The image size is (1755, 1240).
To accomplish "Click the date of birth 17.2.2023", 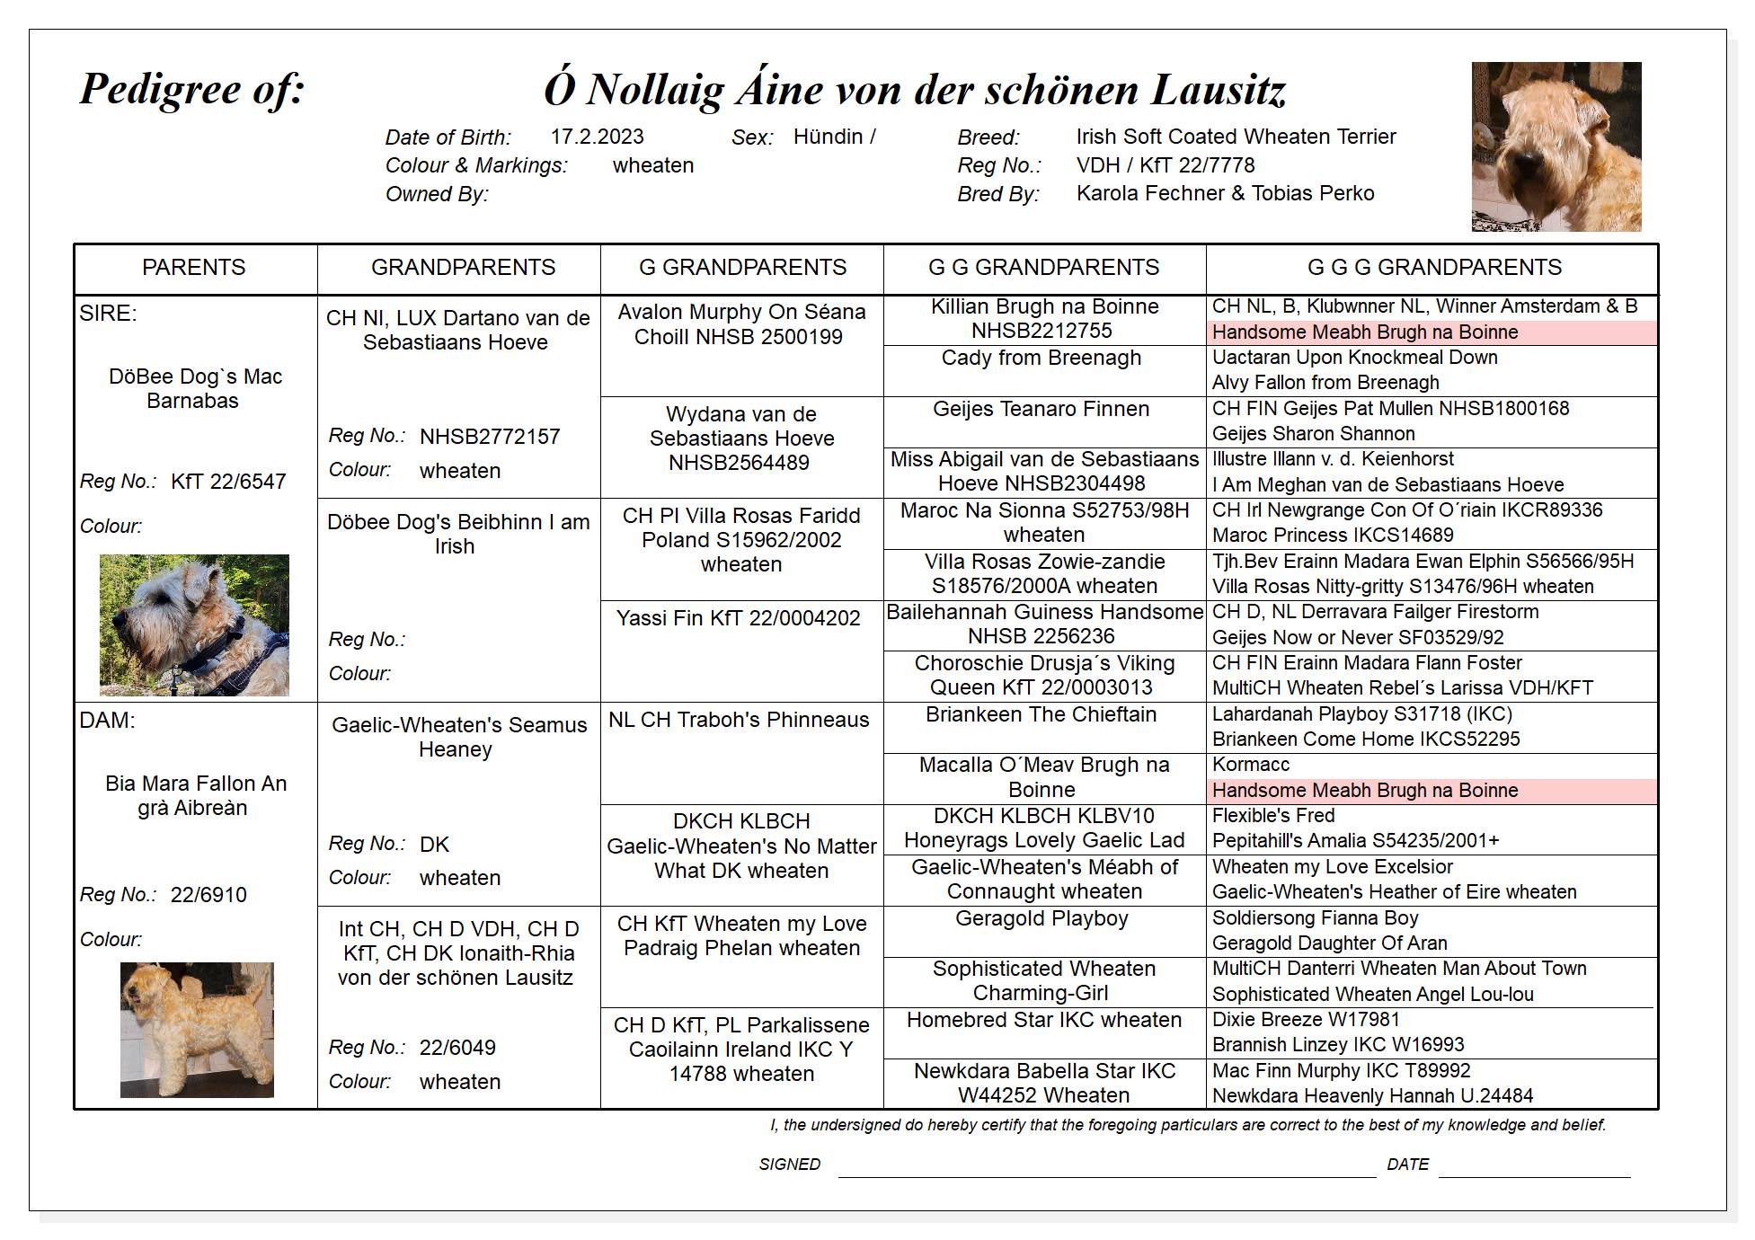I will (597, 137).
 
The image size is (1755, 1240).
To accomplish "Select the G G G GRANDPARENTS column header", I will (1433, 268).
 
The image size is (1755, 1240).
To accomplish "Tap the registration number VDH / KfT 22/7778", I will (1165, 165).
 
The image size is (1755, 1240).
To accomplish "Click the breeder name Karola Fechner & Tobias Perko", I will (1225, 193).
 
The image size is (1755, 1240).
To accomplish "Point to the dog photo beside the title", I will (1556, 146).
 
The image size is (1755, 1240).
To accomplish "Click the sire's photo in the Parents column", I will (194, 624).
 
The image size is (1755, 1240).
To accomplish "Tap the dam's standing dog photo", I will (197, 1030).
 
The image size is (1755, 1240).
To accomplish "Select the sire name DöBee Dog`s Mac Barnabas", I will (194, 388).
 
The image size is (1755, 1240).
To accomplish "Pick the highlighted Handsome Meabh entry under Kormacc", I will (1364, 791).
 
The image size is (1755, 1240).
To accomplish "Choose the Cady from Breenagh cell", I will (1041, 358).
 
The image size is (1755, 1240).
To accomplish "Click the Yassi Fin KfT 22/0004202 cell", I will (738, 618).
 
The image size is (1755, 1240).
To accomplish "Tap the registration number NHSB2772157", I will (489, 437).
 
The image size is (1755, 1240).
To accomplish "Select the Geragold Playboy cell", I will (1041, 918).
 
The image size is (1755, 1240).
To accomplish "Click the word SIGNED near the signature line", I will (789, 1165).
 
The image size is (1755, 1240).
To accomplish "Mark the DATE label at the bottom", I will (1406, 1165).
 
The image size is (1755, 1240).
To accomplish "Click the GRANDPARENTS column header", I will (463, 268).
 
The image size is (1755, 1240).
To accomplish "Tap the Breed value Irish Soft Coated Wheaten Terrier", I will (1236, 137).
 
